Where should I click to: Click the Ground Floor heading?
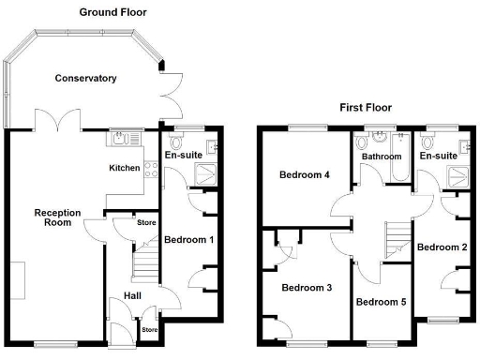pos(112,12)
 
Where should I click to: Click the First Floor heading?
pos(365,108)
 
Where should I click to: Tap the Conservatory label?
pos(85,79)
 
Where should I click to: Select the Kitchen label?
pos(125,169)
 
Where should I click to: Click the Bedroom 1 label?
pos(189,240)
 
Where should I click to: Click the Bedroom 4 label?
pos(303,175)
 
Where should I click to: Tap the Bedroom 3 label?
pos(307,287)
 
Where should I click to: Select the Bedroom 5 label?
pos(381,302)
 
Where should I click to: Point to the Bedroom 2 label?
pos(442,247)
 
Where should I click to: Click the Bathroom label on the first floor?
pos(382,157)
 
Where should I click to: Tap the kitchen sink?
pos(122,141)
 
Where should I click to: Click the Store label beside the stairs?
pos(146,223)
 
